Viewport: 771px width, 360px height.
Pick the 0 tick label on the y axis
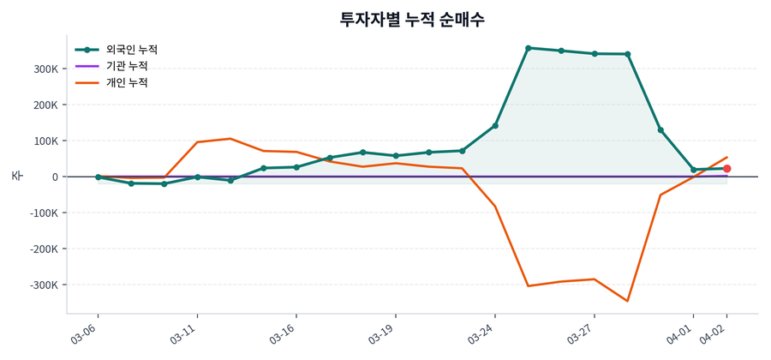(54, 177)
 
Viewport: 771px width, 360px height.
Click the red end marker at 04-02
(726, 169)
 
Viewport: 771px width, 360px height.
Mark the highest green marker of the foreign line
(529, 48)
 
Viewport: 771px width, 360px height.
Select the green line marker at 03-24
(495, 126)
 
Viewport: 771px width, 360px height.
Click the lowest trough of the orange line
(627, 301)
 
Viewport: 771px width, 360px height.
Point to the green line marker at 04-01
(694, 170)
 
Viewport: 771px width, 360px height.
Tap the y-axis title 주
(16, 176)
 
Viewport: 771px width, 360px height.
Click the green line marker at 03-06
(98, 177)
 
